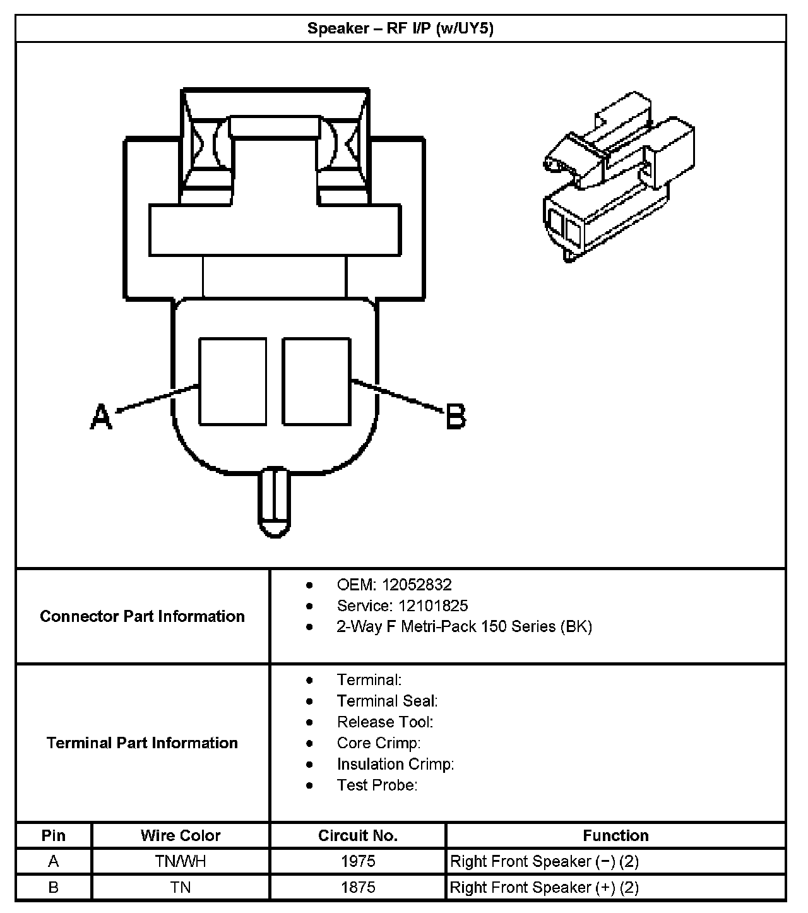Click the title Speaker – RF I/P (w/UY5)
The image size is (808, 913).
point(400,28)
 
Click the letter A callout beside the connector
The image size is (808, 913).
point(101,417)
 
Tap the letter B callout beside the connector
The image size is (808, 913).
point(456,417)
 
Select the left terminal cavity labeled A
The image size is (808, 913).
point(232,381)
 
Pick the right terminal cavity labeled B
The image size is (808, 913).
point(316,381)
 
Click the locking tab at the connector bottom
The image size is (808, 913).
point(275,502)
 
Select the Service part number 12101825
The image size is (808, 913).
point(432,606)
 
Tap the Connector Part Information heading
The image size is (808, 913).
point(142,616)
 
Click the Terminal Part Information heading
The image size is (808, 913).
point(142,743)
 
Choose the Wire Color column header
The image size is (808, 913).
point(181,835)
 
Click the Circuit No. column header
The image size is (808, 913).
point(357,835)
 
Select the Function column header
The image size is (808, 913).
point(615,835)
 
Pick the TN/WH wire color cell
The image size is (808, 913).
point(181,861)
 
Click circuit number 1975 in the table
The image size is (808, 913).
point(358,861)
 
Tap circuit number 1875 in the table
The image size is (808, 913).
point(358,887)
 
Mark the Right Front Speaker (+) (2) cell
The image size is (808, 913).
point(544,887)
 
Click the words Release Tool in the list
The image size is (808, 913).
point(385,722)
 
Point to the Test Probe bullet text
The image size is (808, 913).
point(377,785)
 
